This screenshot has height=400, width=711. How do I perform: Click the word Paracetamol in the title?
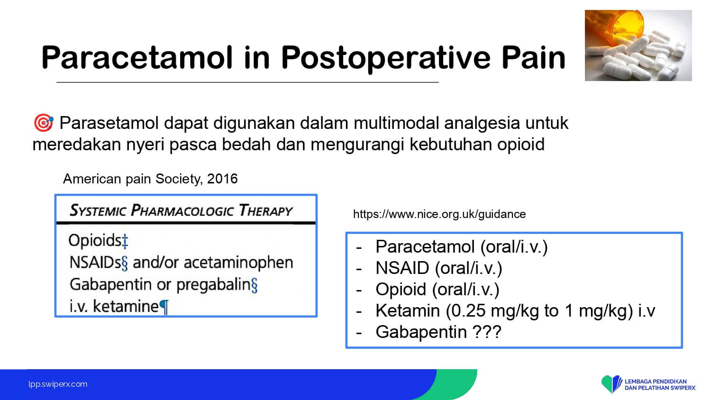pyautogui.click(x=137, y=58)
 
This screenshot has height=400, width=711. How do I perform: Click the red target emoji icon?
pyautogui.click(x=44, y=123)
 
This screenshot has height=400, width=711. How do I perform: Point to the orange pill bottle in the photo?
pyautogui.click(x=622, y=27)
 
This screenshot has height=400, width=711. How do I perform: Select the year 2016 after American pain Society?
pyautogui.click(x=222, y=179)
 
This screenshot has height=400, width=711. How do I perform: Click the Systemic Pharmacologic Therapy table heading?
pyautogui.click(x=181, y=210)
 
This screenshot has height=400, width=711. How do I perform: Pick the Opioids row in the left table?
pyautogui.click(x=98, y=241)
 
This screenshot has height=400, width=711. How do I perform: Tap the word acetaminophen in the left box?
pyautogui.click(x=238, y=263)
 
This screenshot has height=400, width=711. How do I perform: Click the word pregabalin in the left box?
pyautogui.click(x=214, y=285)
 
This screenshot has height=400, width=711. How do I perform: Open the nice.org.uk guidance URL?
pyautogui.click(x=439, y=214)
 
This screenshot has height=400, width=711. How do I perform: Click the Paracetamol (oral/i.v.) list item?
pyautogui.click(x=462, y=247)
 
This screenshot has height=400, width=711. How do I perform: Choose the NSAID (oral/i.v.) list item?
pyautogui.click(x=438, y=268)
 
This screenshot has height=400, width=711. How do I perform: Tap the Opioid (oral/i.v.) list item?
pyautogui.click(x=438, y=290)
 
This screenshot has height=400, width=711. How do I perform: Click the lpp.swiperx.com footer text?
pyautogui.click(x=58, y=384)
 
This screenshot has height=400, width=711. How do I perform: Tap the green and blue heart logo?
pyautogui.click(x=611, y=384)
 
